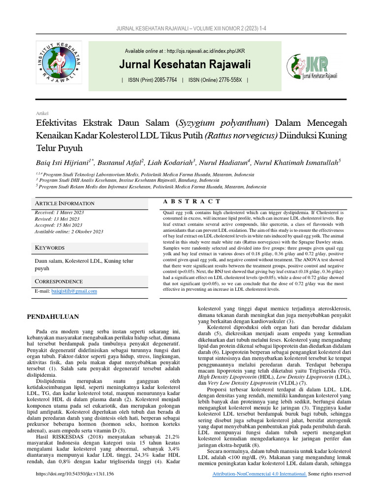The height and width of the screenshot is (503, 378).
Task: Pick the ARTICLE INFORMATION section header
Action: click(x=64, y=203)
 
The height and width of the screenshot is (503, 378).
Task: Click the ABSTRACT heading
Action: click(x=191, y=201)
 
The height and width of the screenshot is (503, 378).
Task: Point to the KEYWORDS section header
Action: click(x=49, y=248)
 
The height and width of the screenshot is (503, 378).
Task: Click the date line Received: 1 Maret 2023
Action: click(x=59, y=212)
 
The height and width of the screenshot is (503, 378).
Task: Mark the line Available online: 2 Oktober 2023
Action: click(x=68, y=231)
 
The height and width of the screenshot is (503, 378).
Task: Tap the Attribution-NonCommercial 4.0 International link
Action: click(x=259, y=487)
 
